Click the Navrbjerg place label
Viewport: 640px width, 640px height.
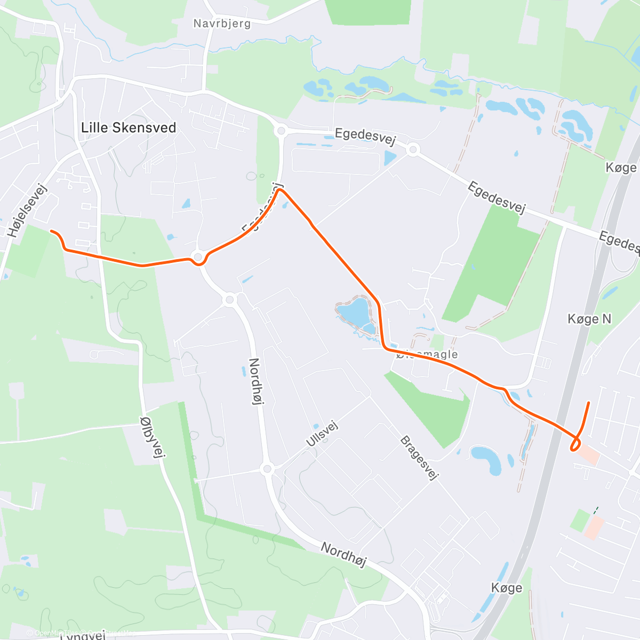[222, 23]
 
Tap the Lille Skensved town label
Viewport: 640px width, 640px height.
[129, 127]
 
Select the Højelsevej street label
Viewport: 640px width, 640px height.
[28, 210]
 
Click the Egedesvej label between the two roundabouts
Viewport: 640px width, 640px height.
[365, 135]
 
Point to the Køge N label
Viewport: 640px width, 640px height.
[589, 319]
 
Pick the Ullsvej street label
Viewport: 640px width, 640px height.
[322, 434]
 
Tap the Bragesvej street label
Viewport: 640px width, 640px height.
[419, 458]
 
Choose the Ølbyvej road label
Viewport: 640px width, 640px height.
[153, 437]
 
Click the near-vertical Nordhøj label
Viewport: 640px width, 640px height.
[257, 381]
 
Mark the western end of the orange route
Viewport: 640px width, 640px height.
[52, 231]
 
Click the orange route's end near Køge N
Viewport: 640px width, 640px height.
[588, 403]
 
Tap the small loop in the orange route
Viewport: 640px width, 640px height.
[575, 444]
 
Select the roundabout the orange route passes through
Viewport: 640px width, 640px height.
[198, 258]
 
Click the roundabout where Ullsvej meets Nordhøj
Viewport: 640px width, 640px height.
[267, 469]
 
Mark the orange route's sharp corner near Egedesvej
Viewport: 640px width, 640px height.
[279, 190]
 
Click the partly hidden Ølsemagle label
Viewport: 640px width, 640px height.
[427, 354]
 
